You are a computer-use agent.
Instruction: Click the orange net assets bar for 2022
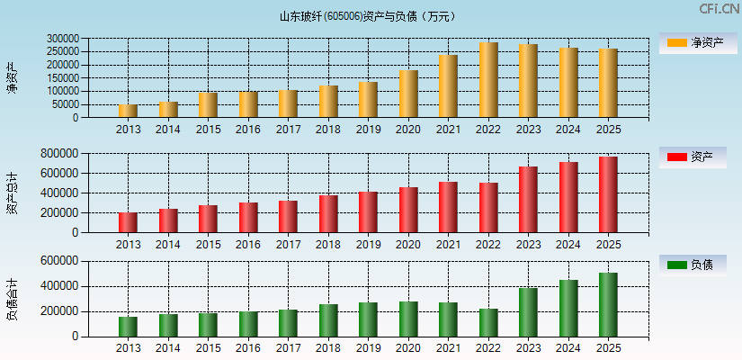click(x=488, y=80)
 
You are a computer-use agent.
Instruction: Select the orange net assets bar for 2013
click(x=129, y=111)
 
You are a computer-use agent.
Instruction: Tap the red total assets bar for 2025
click(x=608, y=194)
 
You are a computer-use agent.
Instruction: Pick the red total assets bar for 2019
click(x=368, y=211)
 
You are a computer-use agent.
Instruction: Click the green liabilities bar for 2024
click(x=568, y=308)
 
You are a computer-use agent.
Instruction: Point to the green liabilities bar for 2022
click(x=488, y=322)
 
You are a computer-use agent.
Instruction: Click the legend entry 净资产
click(x=693, y=42)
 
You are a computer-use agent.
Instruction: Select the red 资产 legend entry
click(x=693, y=157)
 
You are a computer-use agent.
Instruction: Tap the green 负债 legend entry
click(x=693, y=265)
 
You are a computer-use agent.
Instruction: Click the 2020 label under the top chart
click(x=408, y=130)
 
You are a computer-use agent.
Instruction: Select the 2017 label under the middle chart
click(x=288, y=245)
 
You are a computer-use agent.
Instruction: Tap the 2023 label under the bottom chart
click(x=528, y=348)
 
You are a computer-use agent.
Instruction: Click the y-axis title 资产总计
click(x=12, y=193)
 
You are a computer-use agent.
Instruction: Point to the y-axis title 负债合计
click(x=12, y=299)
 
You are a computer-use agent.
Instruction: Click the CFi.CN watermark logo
click(x=718, y=9)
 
